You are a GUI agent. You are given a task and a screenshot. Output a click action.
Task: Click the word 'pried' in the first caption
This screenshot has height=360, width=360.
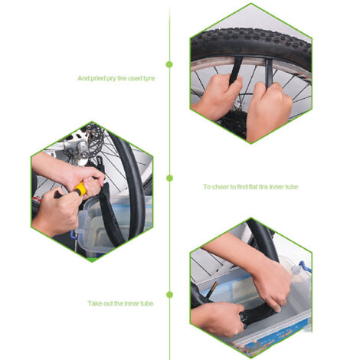point(97,78)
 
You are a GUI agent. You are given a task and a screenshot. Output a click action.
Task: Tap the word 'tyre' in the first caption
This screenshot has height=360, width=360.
point(149,78)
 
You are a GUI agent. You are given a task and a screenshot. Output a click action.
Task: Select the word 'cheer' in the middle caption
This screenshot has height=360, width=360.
point(221,187)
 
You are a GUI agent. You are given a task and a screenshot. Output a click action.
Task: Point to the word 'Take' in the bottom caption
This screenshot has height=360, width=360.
point(95,303)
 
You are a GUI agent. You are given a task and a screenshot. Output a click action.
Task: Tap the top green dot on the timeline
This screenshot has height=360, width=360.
point(169,64)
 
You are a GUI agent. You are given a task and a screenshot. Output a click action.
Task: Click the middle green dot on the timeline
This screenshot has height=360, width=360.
point(169,178)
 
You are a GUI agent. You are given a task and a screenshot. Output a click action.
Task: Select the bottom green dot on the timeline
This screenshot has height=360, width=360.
point(169,295)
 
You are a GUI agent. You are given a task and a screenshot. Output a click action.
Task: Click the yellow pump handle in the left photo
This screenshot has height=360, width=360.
point(80,189)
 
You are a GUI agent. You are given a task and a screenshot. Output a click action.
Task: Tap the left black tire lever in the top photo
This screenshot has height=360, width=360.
point(236,70)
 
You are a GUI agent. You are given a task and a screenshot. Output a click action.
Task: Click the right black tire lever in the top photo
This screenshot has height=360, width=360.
point(269,72)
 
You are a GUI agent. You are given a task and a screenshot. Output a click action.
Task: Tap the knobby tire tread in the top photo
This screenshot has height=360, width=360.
point(251,40)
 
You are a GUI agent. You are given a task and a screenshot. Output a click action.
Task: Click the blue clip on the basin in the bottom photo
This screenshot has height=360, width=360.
point(304,267)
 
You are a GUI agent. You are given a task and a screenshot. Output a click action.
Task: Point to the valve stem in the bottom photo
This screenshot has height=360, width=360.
point(211,290)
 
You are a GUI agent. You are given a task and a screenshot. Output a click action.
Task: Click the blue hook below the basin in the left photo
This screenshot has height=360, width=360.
point(74,234)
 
